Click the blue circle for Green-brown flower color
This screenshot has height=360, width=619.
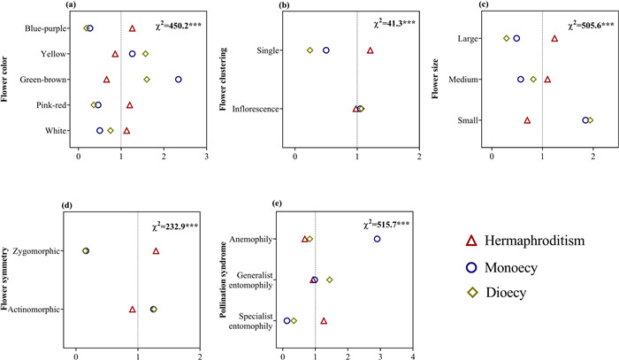(179, 80)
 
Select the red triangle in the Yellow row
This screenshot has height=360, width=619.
(115, 54)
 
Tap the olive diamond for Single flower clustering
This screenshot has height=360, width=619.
(309, 50)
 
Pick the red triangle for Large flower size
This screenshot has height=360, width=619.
(554, 38)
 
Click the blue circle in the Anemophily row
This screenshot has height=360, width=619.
(378, 239)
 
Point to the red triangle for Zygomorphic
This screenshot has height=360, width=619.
(156, 251)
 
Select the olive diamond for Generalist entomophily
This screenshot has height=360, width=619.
(330, 280)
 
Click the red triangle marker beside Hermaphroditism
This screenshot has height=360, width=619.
(471, 240)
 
